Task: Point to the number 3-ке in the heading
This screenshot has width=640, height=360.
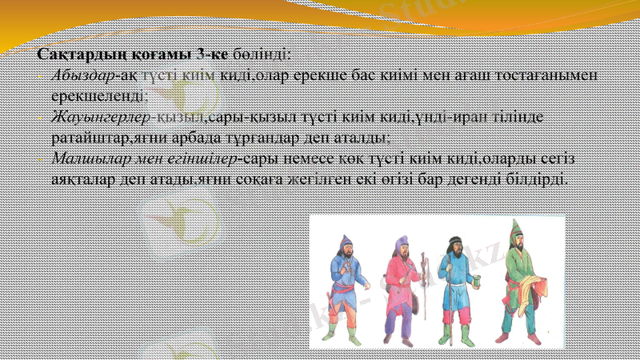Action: click(x=212, y=54)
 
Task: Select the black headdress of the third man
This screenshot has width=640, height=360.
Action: click(x=454, y=241)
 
